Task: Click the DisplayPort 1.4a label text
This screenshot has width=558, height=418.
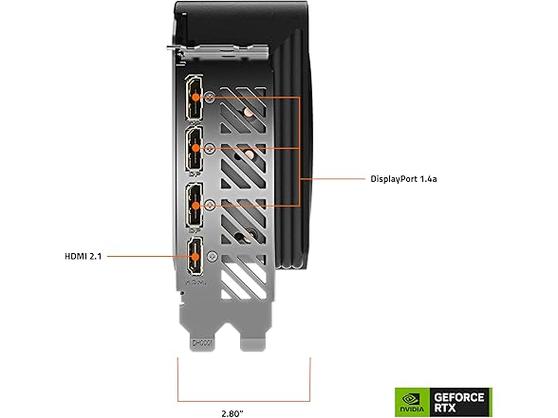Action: (403, 179)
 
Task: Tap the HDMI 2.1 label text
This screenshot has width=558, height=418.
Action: (83, 256)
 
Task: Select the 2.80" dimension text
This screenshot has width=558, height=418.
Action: (232, 413)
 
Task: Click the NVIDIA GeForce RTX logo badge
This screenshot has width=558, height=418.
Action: (443, 402)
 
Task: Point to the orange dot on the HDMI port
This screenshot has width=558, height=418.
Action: (195, 257)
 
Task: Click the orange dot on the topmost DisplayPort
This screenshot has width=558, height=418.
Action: (195, 97)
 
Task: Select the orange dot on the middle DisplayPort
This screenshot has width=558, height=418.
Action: (195, 148)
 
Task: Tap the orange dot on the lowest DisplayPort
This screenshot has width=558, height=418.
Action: (195, 206)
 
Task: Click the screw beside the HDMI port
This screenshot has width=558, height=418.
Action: (213, 256)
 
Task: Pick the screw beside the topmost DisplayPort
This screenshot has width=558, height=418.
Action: (211, 97)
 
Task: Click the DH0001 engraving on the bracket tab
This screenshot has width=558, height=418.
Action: (202, 343)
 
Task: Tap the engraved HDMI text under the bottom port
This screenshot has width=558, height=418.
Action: (196, 282)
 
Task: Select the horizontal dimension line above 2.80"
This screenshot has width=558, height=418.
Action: (244, 401)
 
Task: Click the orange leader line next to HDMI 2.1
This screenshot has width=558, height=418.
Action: (149, 256)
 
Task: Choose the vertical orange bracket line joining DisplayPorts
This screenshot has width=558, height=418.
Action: (300, 151)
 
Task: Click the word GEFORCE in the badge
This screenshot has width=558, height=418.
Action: (459, 397)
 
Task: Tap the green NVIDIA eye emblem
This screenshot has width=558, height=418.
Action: (410, 399)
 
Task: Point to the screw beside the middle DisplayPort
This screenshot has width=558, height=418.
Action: (210, 148)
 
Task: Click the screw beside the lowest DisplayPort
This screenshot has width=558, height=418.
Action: (210, 205)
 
